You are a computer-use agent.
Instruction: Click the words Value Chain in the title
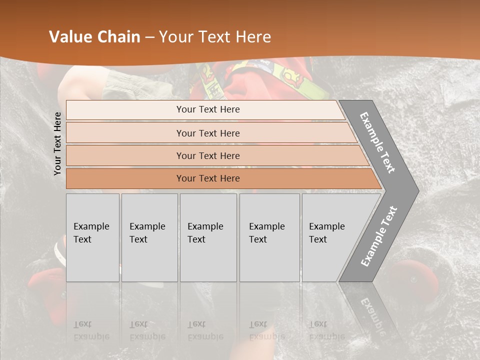(x=94, y=37)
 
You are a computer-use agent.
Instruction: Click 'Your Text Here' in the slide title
(x=214, y=37)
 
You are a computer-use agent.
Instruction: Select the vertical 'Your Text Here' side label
(x=57, y=143)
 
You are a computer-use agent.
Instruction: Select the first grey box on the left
(x=92, y=237)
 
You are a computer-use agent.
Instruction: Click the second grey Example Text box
(x=149, y=237)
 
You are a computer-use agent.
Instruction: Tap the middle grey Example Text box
(x=208, y=237)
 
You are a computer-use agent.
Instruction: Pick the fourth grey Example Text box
(x=269, y=237)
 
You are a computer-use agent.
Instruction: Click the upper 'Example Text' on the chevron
(x=377, y=142)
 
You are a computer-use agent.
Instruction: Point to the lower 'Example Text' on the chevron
(x=378, y=236)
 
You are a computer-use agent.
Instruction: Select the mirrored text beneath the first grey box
(x=91, y=330)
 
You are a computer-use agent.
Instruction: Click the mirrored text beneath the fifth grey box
(x=327, y=330)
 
